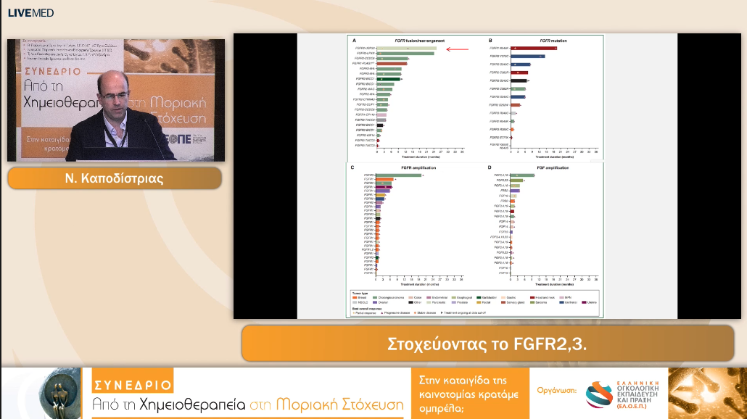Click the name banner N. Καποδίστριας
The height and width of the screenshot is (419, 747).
[x=115, y=178]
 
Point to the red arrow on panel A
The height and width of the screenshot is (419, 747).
[x=458, y=49]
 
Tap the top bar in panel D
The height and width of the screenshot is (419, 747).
[x=522, y=175]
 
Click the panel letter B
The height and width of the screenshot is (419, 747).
[x=491, y=41]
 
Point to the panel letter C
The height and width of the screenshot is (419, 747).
[x=352, y=167]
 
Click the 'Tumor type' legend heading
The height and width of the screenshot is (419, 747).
[x=361, y=291]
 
